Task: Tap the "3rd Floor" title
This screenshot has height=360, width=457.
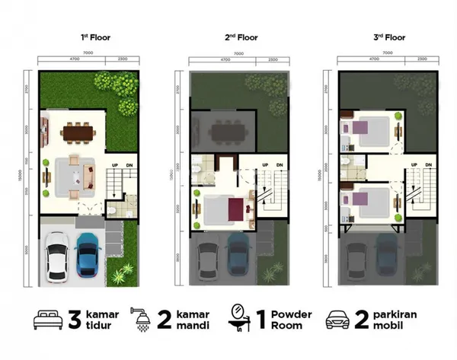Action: point(388,37)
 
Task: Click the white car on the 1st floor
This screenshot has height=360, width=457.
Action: point(56,256)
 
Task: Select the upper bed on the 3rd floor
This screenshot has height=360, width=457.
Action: point(369,129)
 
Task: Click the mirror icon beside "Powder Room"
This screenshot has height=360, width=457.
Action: point(240,320)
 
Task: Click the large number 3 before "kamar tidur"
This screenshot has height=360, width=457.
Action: point(75,319)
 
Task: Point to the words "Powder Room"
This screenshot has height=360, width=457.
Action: point(288,319)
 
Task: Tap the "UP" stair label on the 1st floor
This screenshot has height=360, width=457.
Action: point(115,165)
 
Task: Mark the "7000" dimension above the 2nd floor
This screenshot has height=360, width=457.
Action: point(239,53)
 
